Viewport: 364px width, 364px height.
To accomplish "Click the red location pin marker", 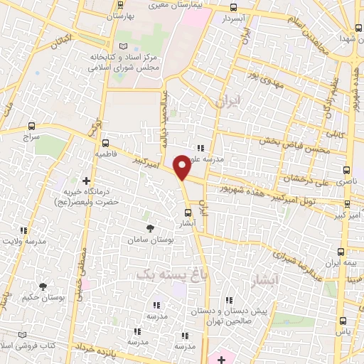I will [x=182, y=167].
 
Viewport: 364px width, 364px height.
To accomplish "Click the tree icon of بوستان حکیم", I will [x=43, y=287].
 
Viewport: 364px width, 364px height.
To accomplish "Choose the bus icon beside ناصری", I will [x=347, y=171].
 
